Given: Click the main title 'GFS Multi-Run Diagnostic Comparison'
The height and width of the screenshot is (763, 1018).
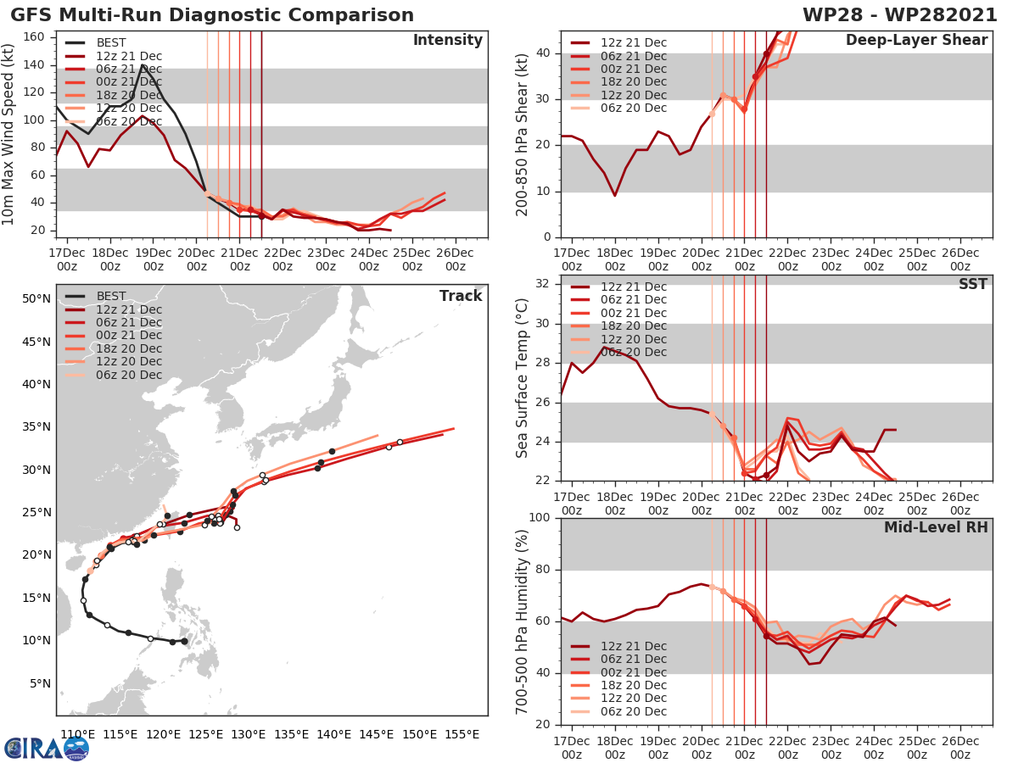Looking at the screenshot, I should click(212, 15).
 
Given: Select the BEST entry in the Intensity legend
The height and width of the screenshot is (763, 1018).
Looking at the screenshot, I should click(110, 42).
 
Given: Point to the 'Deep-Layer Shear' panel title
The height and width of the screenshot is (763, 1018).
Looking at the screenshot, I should click(916, 41).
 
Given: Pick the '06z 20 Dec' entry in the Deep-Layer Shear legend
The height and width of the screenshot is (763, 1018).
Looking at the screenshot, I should click(633, 108).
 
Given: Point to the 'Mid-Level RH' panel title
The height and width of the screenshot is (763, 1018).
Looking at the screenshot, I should click(936, 527).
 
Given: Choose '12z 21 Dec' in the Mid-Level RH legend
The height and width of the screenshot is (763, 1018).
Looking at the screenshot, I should click(633, 646).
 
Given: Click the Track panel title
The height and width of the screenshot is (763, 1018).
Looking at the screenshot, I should click(460, 296).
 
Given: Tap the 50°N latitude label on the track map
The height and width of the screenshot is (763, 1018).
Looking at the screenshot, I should click(36, 298).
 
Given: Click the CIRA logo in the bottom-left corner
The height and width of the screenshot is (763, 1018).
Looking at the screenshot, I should click(47, 747).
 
